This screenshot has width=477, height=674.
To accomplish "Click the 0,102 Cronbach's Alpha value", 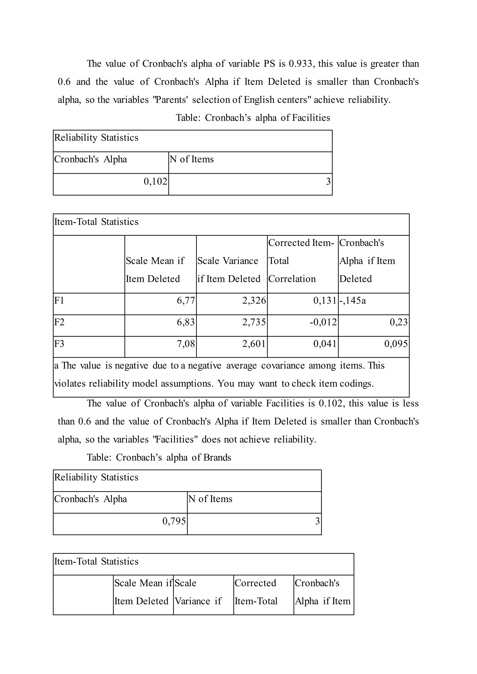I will (x=155, y=181).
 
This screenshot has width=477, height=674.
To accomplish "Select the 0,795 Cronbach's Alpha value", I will (x=174, y=521).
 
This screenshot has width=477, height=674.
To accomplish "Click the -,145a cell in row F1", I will (x=352, y=300).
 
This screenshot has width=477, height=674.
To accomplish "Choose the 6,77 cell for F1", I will (x=186, y=300).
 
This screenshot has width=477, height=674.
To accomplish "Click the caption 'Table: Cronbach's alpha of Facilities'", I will (x=253, y=118).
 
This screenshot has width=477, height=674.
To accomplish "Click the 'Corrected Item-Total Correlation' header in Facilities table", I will (x=301, y=261).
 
